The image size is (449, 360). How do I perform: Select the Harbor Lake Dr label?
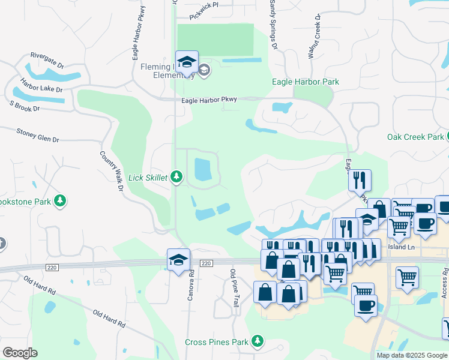coord(41,85)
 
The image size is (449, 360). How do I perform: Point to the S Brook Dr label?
coord(24,106)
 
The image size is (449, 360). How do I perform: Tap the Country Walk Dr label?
coord(111,172)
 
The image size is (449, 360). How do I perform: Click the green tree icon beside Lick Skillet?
coord(176,176)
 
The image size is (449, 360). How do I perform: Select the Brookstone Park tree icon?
coord(59,200)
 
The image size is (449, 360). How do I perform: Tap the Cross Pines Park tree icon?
coord(258,341)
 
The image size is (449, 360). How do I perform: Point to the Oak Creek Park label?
coord(415,137)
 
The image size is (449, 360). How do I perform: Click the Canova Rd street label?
coord(191,285)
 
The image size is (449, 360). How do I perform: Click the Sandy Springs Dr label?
coord(273,24)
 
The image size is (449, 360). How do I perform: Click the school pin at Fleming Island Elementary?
coord(187,63)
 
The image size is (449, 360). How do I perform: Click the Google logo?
coord(20,352)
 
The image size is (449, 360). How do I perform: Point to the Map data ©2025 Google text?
coord(411,355)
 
